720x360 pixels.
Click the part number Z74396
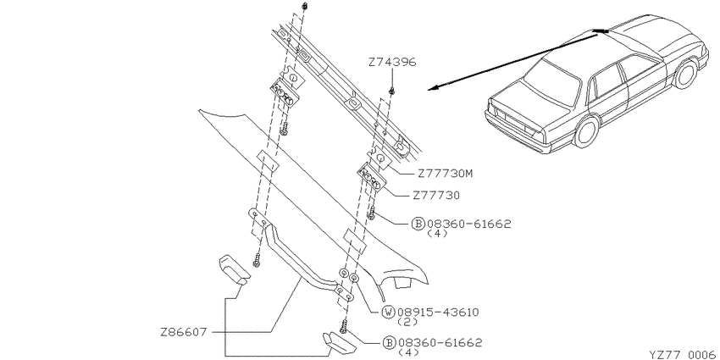(x=392, y=62)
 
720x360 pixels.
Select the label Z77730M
(x=445, y=174)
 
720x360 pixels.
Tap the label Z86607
(x=184, y=332)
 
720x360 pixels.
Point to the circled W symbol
(x=389, y=313)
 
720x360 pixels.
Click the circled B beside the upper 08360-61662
(x=418, y=224)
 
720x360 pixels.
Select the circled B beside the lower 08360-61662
(x=389, y=342)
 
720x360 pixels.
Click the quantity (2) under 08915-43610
(x=407, y=322)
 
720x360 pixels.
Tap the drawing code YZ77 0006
(x=684, y=354)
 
